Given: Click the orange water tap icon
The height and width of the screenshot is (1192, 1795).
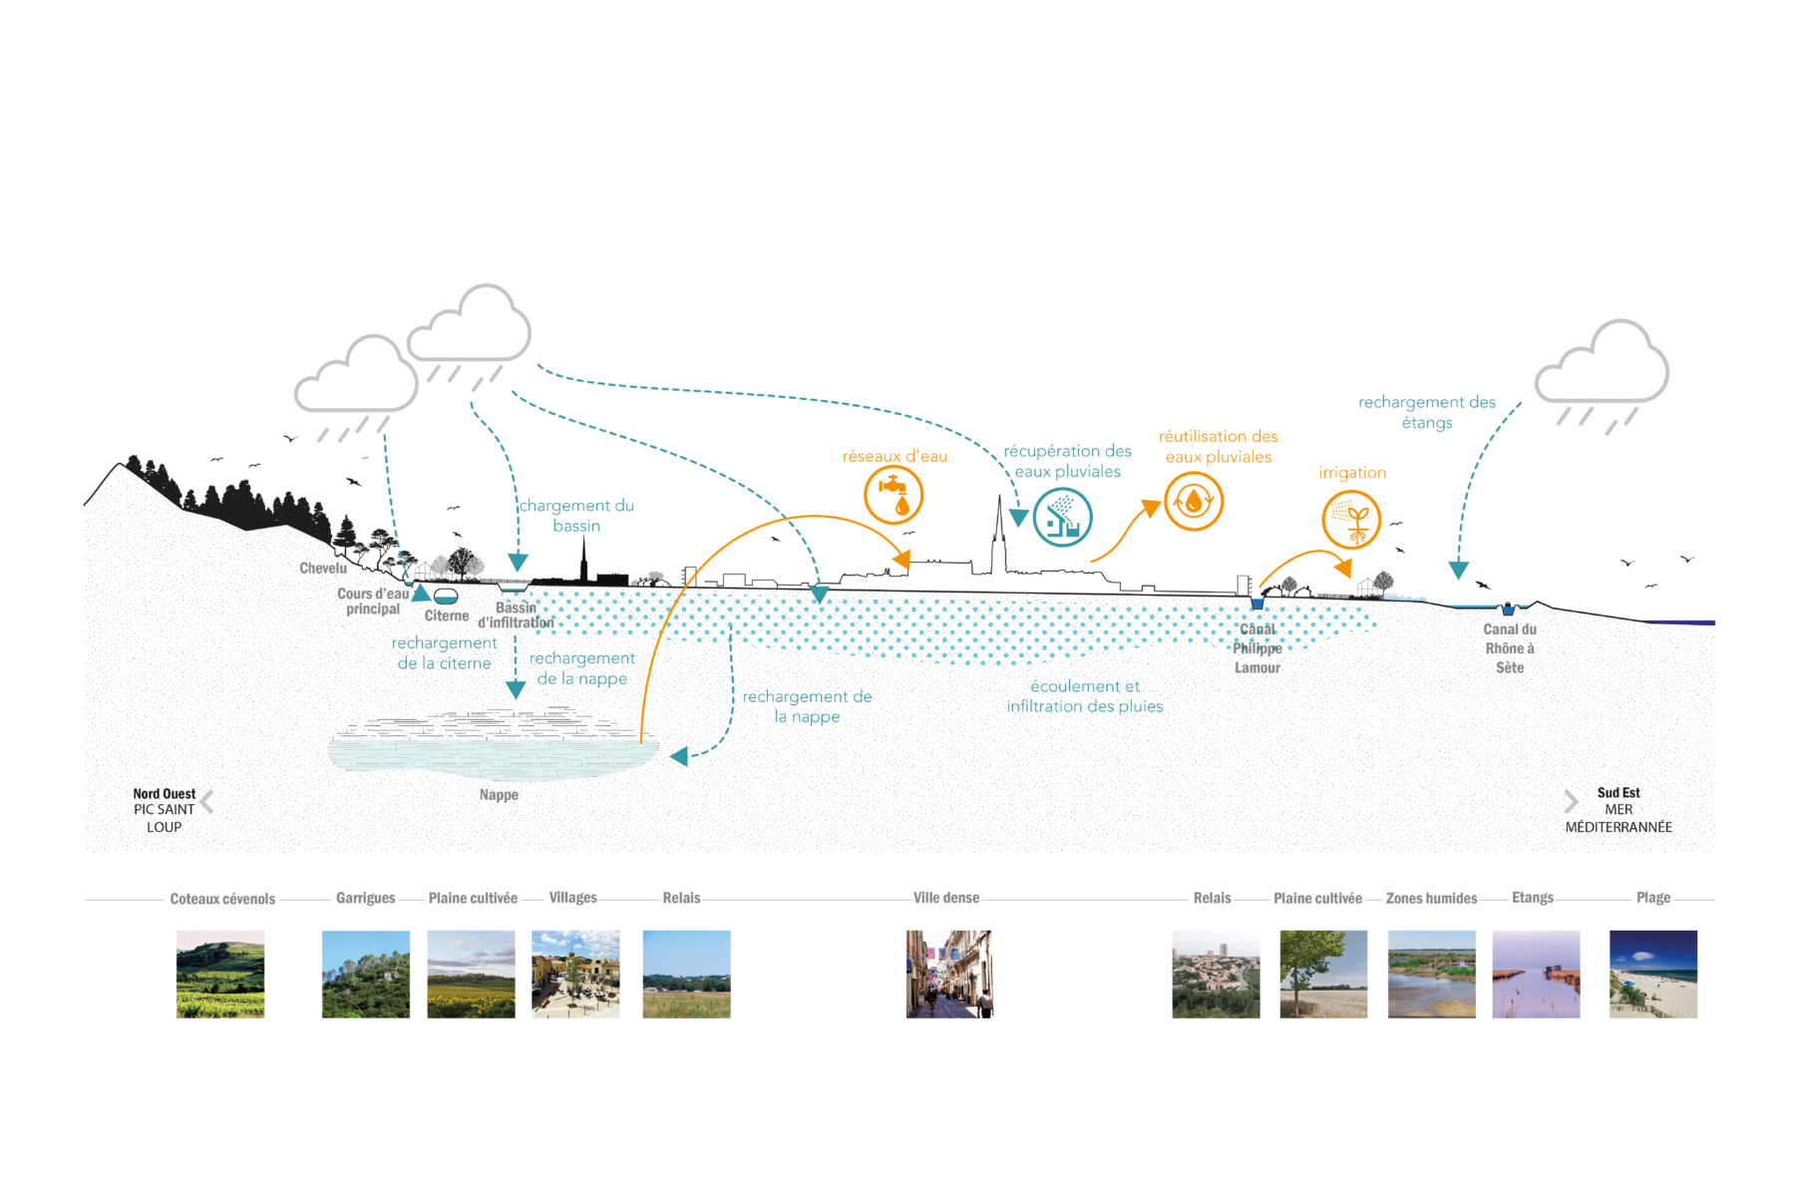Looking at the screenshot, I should click(894, 496).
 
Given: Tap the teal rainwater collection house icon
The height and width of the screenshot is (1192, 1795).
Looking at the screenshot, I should click(1062, 518).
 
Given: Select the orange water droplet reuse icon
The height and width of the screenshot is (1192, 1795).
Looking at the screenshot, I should click(1193, 501).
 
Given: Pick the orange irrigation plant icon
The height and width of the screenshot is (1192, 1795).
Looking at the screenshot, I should click(1351, 520).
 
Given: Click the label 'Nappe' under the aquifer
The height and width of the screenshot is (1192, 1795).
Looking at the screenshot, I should click(499, 795).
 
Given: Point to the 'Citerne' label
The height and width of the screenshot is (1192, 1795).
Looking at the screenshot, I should click(447, 616).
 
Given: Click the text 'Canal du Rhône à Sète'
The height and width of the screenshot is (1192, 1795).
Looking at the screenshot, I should click(1509, 648).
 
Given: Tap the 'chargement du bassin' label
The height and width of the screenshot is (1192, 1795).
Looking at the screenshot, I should click(576, 516).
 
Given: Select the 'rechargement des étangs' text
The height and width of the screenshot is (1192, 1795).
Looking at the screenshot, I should click(1427, 412).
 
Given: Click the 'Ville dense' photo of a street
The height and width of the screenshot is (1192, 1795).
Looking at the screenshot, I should click(949, 974).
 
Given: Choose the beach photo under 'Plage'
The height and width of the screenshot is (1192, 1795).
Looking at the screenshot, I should click(1652, 974).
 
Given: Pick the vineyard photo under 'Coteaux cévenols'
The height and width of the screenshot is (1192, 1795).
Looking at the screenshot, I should click(220, 974).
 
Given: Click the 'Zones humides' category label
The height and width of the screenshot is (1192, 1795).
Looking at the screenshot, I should click(1431, 899).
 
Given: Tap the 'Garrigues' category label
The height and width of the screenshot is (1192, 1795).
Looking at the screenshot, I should click(365, 898).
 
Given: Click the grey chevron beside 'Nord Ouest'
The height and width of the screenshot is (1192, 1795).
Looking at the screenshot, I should click(207, 802).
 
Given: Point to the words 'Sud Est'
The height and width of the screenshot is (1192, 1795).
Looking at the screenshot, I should click(1618, 793).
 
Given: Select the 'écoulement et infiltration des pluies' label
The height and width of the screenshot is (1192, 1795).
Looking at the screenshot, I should click(1085, 696).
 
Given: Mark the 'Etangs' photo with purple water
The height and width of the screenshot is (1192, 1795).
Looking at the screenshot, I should click(1536, 974).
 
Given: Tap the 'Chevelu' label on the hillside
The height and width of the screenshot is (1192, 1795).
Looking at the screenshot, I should click(323, 569).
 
